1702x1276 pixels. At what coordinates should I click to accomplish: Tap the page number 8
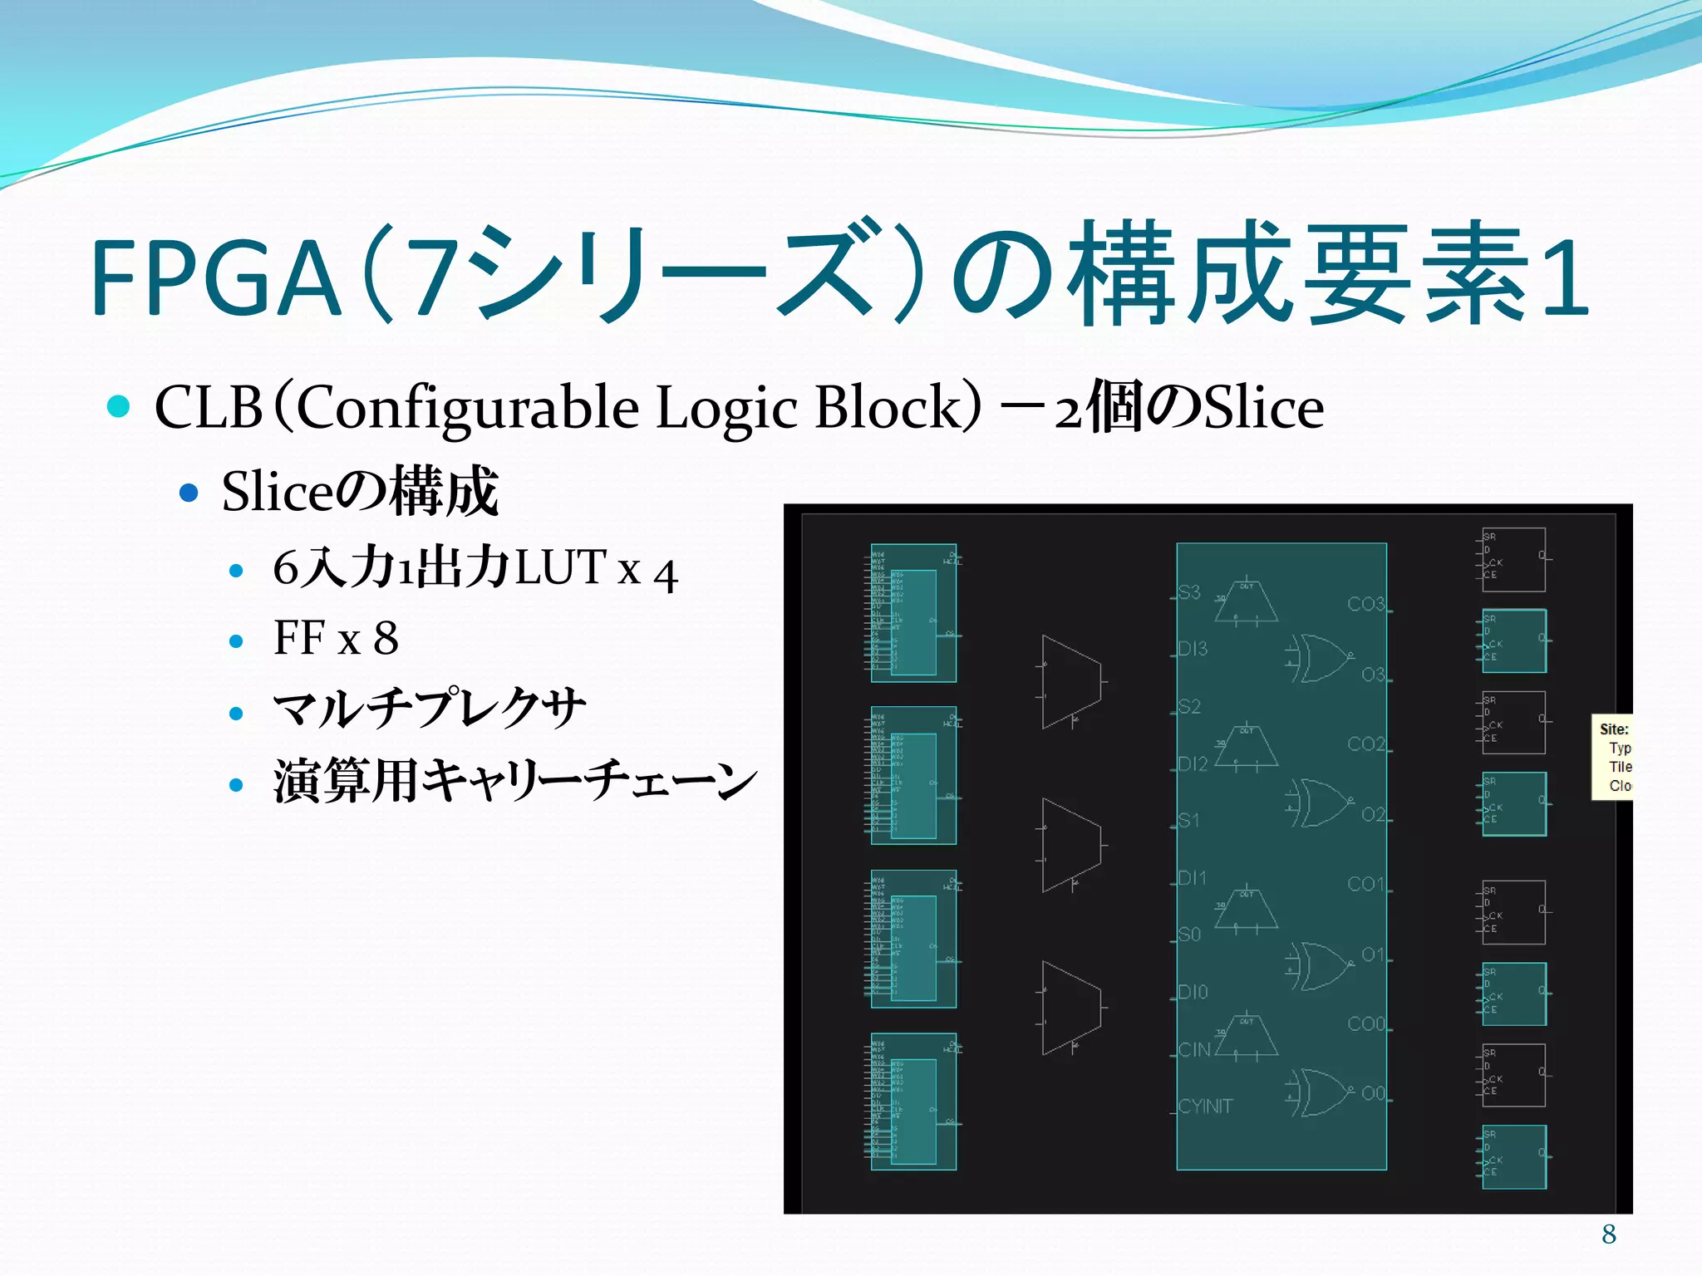tap(1609, 1234)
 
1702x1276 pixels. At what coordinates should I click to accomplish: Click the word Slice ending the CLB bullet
tap(1264, 408)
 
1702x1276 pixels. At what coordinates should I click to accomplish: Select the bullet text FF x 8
tap(336, 638)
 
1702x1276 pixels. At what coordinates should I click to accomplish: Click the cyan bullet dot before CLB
tap(119, 406)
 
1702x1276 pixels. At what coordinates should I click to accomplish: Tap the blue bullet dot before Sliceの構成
tap(189, 493)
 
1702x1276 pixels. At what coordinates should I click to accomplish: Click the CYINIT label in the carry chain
tap(1205, 1107)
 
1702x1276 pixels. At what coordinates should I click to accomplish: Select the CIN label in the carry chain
tap(1194, 1050)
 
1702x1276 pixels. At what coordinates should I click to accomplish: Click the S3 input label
tap(1189, 592)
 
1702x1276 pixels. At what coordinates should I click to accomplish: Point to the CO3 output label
tap(1365, 604)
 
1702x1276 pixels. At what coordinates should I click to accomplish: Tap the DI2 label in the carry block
tap(1193, 763)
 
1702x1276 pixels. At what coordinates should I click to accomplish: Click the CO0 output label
tap(1365, 1024)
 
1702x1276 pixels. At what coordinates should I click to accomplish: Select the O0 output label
tap(1373, 1093)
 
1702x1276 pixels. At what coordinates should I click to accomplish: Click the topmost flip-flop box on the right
tap(1513, 559)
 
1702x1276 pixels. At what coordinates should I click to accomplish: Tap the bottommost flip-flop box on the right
tap(1513, 1157)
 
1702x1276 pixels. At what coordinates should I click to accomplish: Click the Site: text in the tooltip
tap(1614, 729)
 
